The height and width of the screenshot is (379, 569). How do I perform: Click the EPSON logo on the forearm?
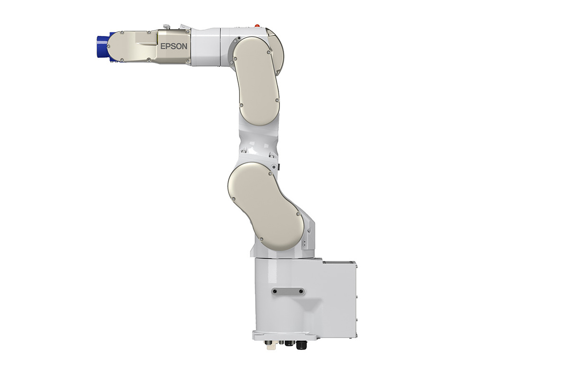coord(174,46)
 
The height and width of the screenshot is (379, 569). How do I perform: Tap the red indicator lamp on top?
coord(257,26)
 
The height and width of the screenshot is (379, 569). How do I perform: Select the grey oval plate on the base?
coord(288,291)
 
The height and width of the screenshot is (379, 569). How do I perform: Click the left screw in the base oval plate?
coord(275,291)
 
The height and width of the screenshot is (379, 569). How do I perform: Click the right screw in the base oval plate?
coord(301,291)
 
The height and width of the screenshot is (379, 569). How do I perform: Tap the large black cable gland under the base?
coord(301,345)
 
